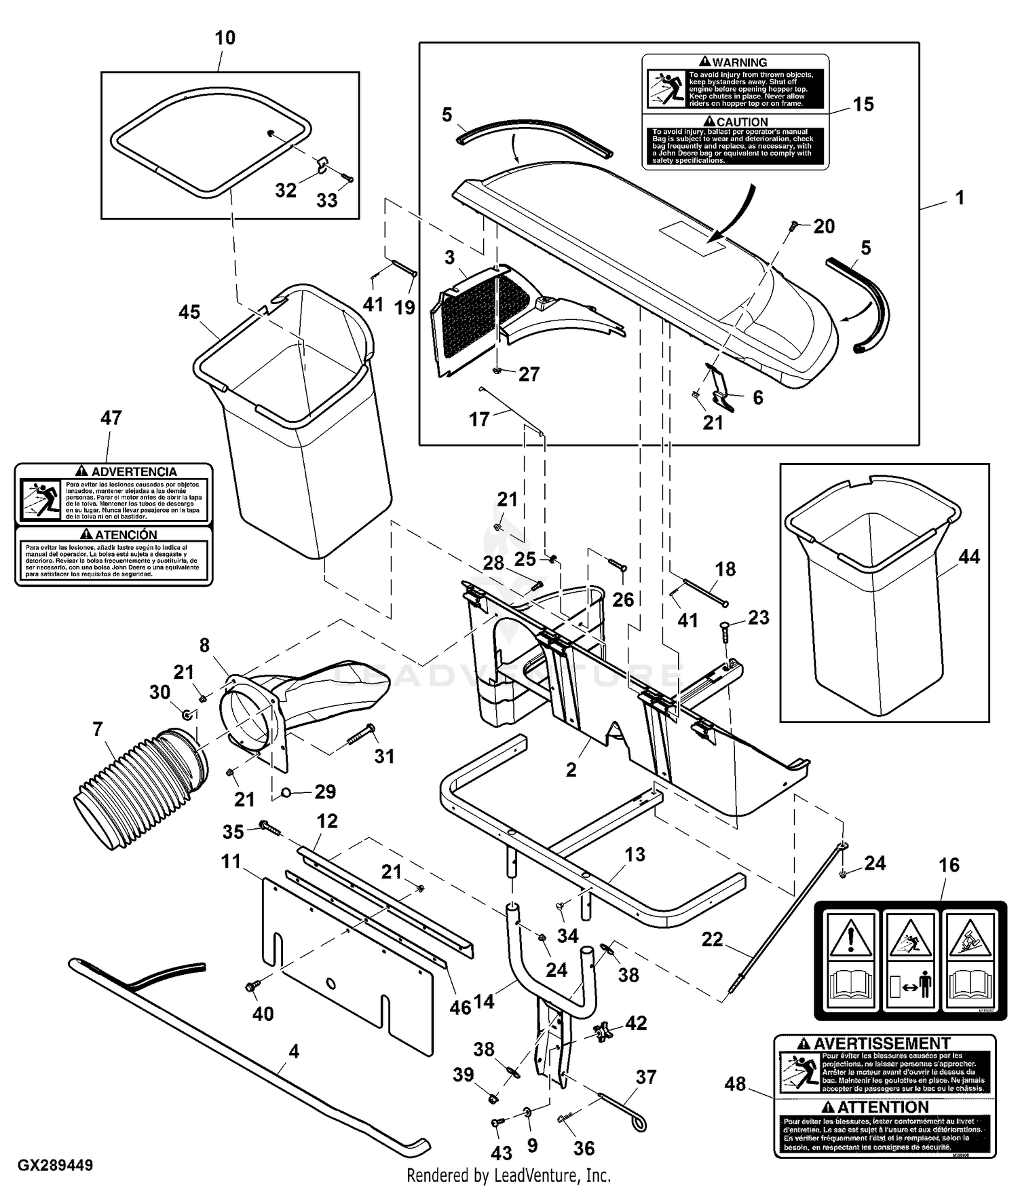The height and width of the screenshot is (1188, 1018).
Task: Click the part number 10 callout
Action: click(225, 38)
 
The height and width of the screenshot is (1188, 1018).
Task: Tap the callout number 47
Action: click(111, 418)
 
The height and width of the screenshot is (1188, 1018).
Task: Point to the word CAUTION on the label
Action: click(742, 122)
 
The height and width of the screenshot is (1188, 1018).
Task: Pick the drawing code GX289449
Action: click(56, 1166)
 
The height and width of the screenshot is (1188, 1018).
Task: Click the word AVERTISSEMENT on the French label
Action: click(882, 1043)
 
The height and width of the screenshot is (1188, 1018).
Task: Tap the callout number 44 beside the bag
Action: click(968, 557)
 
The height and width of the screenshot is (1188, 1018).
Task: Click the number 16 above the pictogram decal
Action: click(949, 865)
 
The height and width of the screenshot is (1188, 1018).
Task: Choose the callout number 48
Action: click(735, 1084)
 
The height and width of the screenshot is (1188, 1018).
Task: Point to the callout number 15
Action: click(863, 105)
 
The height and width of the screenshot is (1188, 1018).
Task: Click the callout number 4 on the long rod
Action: click(293, 1052)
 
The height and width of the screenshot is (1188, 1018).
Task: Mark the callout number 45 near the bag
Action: click(189, 312)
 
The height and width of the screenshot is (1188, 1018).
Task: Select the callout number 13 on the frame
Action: click(635, 855)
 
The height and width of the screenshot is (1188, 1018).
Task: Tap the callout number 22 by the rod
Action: click(712, 940)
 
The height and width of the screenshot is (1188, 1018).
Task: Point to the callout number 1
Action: click(959, 198)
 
